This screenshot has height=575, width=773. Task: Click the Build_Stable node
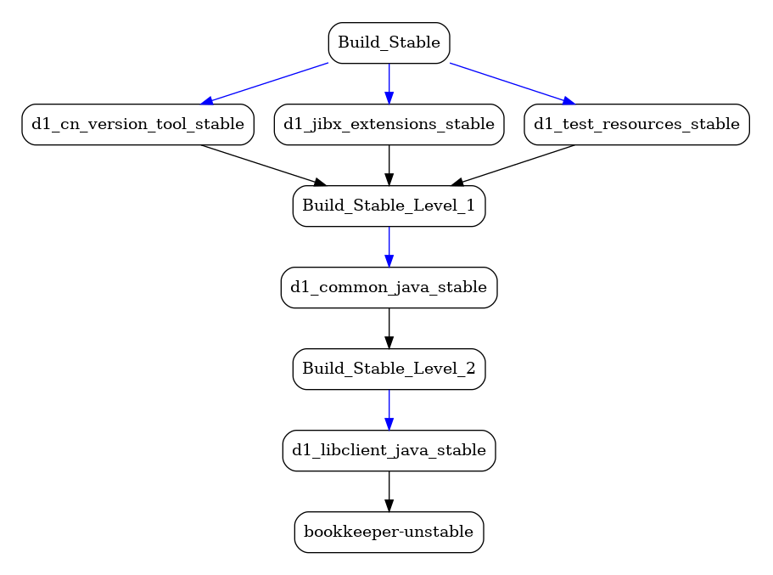(389, 43)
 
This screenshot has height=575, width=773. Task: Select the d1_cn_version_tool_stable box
(138, 124)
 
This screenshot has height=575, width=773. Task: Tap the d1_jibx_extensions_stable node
(389, 124)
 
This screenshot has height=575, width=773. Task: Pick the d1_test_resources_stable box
(637, 124)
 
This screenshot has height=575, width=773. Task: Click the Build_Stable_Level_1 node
(389, 206)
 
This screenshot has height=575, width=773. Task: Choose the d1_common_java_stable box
(389, 288)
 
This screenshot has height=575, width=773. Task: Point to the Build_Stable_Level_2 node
(389, 369)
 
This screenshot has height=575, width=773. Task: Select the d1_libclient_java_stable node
(389, 451)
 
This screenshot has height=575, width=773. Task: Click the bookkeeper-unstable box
(389, 532)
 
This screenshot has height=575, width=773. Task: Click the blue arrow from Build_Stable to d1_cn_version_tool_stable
(264, 83)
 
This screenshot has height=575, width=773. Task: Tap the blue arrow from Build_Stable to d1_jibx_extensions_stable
(389, 84)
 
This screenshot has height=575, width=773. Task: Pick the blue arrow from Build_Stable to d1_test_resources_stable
(513, 83)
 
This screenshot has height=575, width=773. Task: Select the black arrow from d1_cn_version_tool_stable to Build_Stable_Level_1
(264, 166)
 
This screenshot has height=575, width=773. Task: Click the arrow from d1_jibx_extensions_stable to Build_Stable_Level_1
(389, 166)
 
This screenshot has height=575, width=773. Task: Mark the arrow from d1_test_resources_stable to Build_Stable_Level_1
(513, 166)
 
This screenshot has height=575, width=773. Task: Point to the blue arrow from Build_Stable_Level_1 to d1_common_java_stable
(389, 247)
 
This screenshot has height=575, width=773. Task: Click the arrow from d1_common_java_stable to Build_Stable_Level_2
(389, 328)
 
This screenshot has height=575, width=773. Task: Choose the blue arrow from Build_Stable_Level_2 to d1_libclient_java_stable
(389, 409)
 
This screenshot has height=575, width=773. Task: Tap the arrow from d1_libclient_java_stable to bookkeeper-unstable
(389, 491)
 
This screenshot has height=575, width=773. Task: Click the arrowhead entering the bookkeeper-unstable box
(389, 505)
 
